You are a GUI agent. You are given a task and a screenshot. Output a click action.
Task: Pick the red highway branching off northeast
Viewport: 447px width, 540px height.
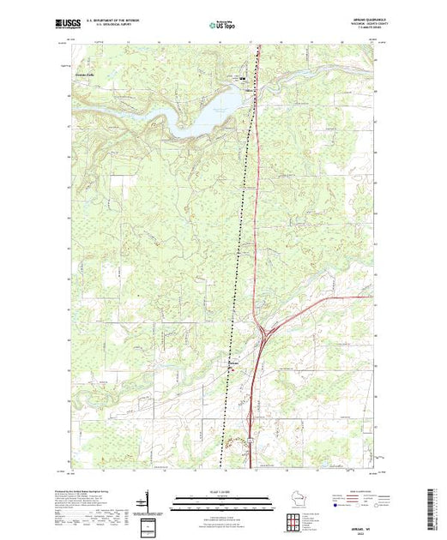click(326, 300)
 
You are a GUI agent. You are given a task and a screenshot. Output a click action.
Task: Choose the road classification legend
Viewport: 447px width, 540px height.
click(352, 501)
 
